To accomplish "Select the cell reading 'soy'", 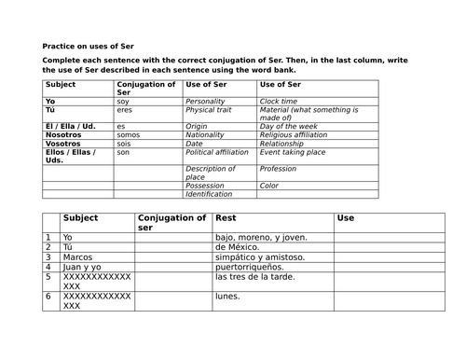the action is point(122,101).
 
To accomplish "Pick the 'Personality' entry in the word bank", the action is point(206,101).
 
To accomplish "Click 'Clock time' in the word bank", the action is point(279,101).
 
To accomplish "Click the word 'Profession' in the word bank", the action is point(279,169).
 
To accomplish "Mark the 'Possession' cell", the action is point(205,185).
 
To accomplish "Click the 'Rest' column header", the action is point(226,218).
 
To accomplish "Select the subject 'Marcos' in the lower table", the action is point(77,256).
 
